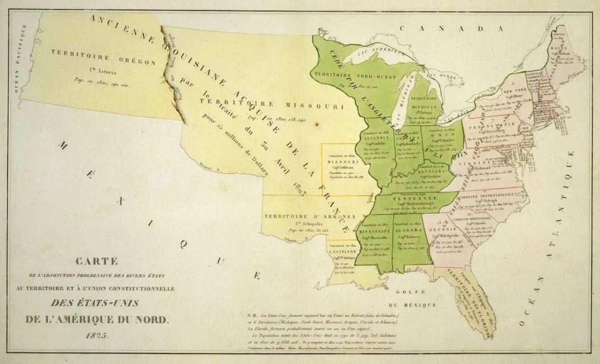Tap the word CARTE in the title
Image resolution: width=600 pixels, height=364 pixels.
click(97, 261)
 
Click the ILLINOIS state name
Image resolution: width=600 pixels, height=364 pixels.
click(376, 138)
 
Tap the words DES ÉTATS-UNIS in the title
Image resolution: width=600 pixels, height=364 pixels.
click(97, 304)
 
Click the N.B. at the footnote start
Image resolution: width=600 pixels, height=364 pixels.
click(254, 316)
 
